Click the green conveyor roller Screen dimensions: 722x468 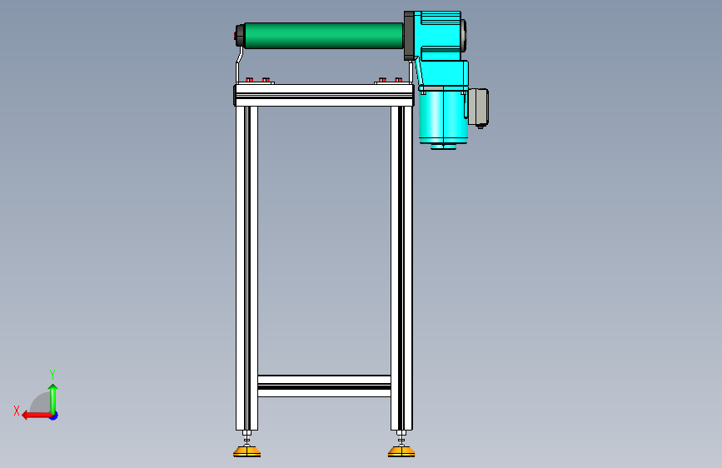pos(324,36)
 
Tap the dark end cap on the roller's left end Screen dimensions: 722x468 pos(240,36)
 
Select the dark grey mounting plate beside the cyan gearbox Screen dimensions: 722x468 pos(409,36)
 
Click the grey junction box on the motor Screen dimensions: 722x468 pos(478,107)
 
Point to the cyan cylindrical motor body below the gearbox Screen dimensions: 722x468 pos(443,117)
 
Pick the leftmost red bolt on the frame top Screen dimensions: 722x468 pos(250,80)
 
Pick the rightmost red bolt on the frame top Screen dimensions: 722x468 pos(399,80)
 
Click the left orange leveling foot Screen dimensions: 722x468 pos(246,451)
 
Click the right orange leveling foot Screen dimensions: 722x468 pos(401,451)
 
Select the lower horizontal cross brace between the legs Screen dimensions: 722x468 pos(324,386)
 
